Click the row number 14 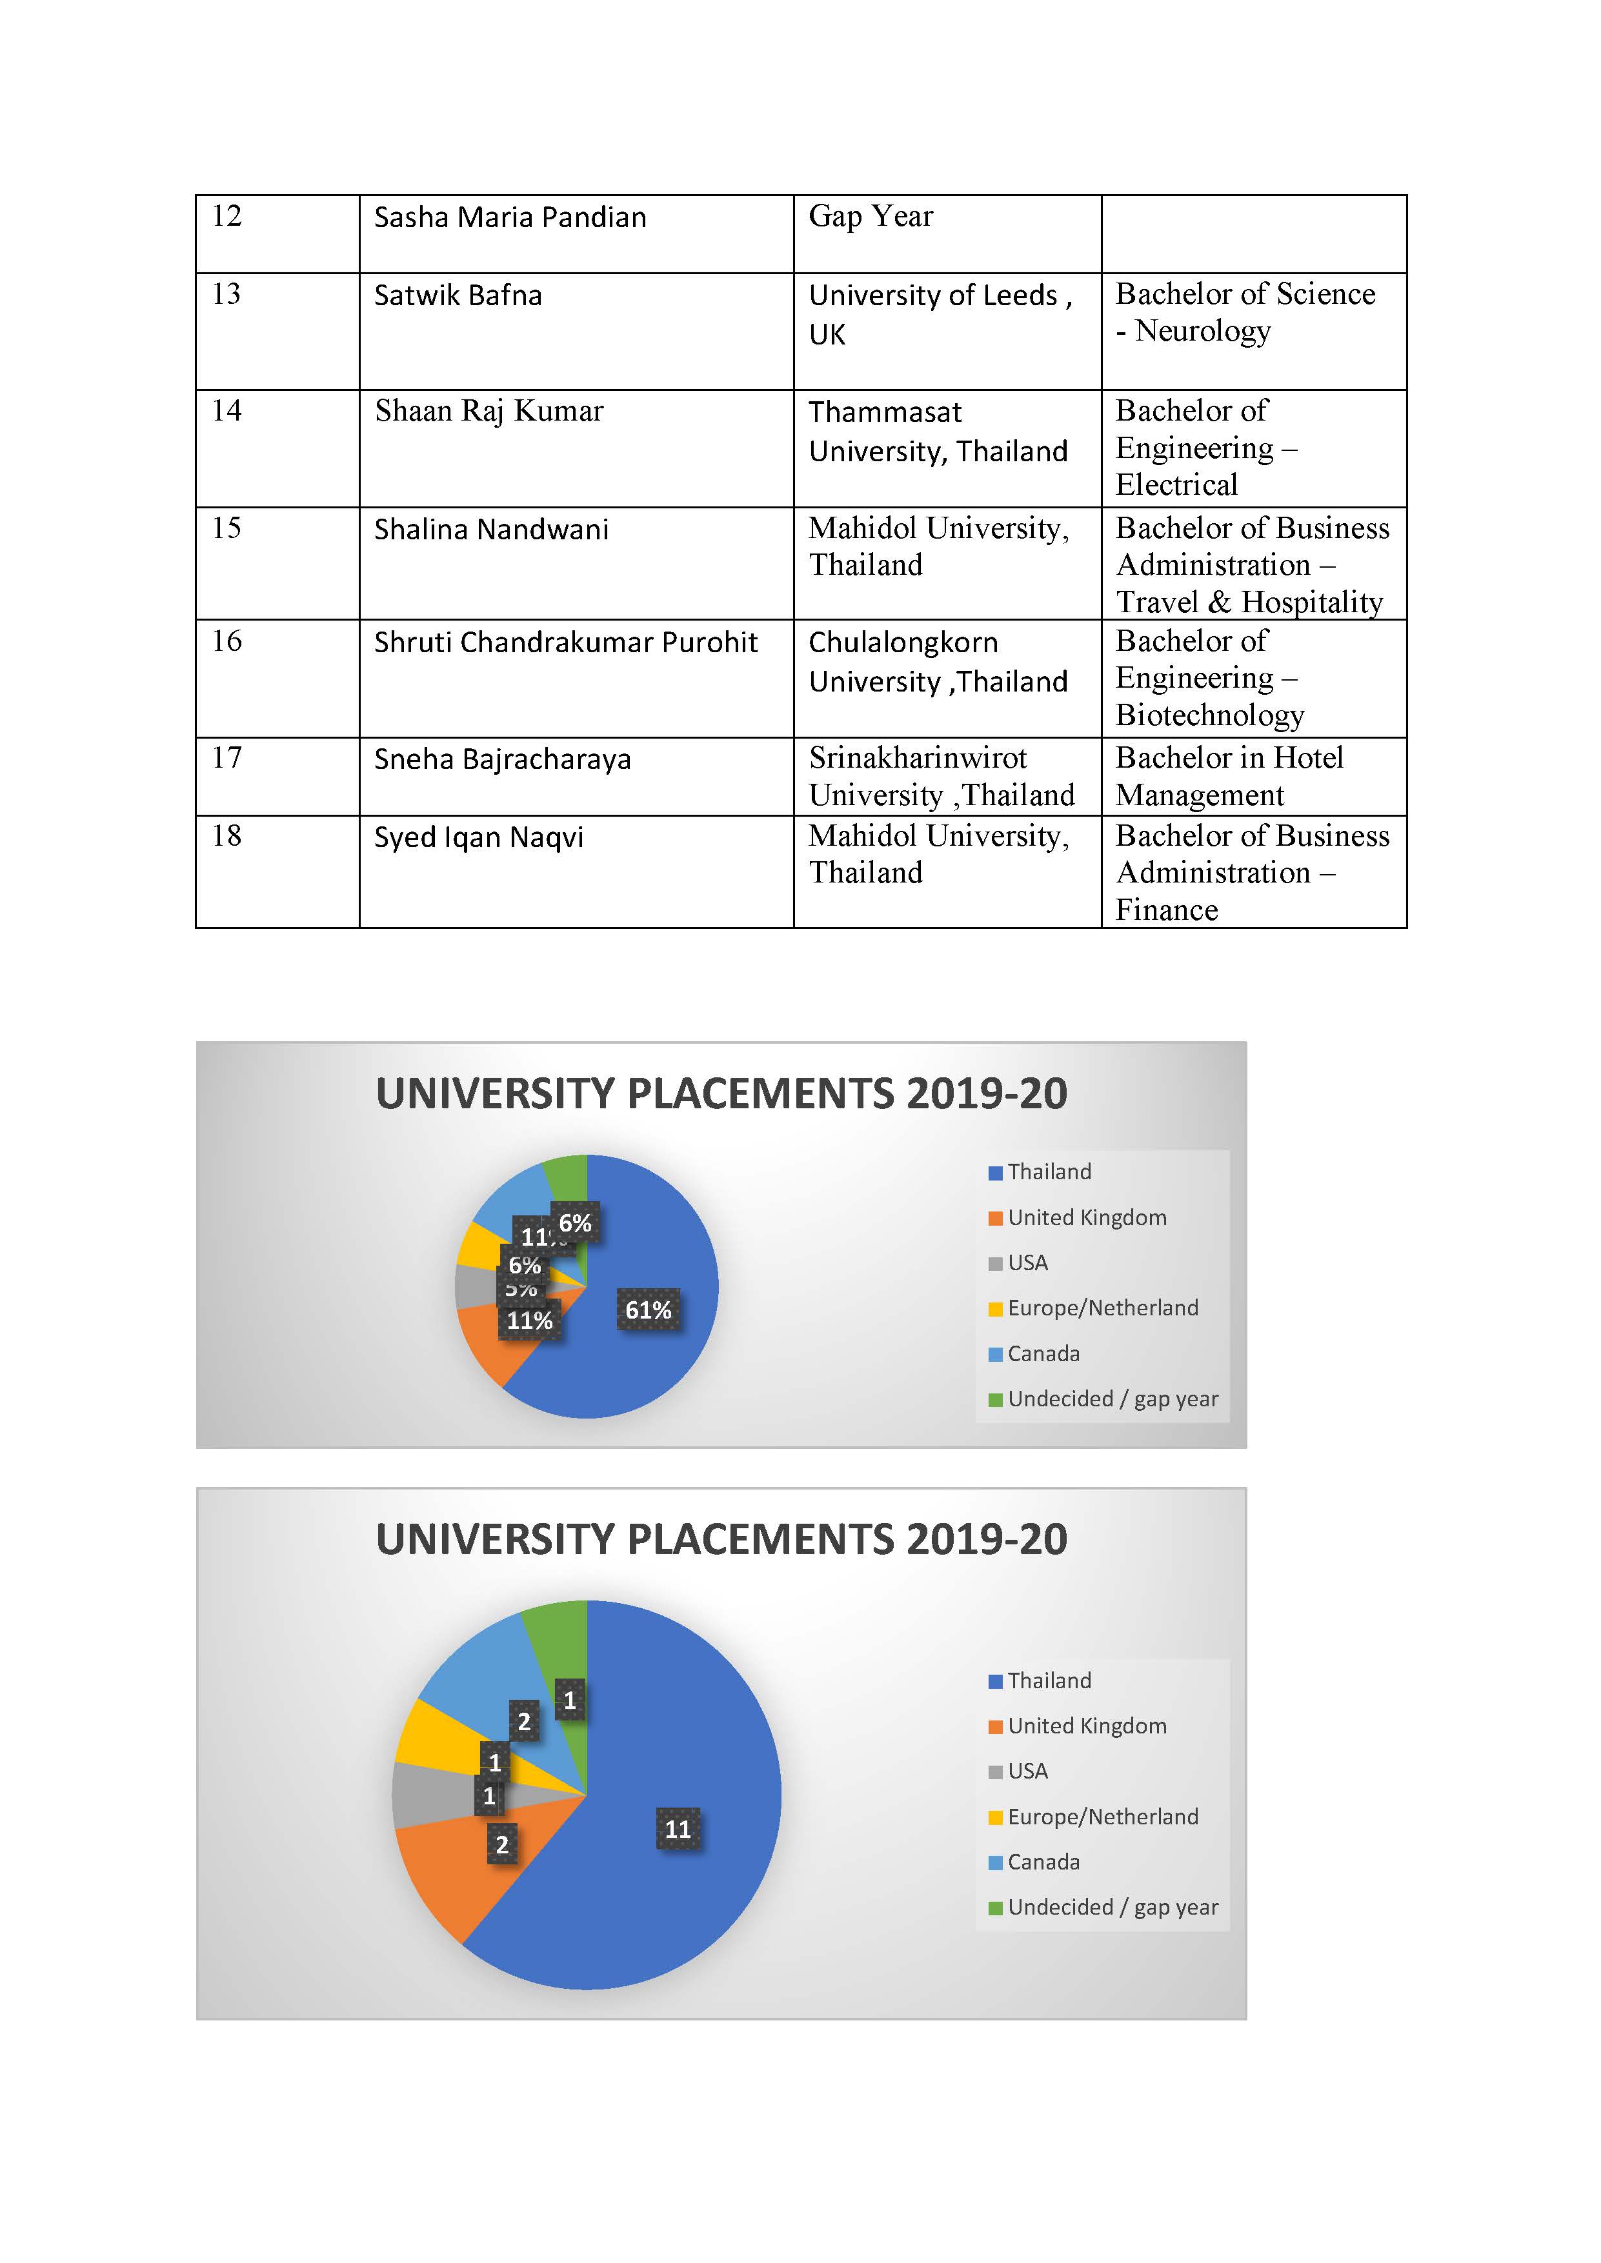[227, 410]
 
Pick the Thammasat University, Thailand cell [938, 431]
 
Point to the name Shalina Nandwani [491, 529]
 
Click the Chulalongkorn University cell [938, 661]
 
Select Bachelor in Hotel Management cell [1229, 775]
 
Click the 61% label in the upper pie [648, 1310]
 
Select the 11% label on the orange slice [529, 1321]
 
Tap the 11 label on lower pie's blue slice [678, 1829]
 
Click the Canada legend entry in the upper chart [1042, 1353]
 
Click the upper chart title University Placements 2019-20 [721, 1093]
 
